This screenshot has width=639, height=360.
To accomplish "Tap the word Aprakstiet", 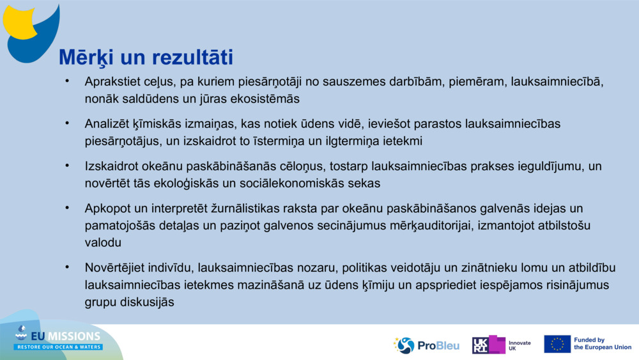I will (112, 82).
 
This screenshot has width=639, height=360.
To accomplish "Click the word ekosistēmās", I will (262, 99).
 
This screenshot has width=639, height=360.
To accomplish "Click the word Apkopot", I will (105, 208).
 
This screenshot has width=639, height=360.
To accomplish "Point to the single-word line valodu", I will (103, 242).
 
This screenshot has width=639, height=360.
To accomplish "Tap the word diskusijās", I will (144, 301).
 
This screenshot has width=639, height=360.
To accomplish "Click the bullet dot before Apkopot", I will (66, 208).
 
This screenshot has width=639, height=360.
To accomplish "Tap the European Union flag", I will (557, 344).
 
